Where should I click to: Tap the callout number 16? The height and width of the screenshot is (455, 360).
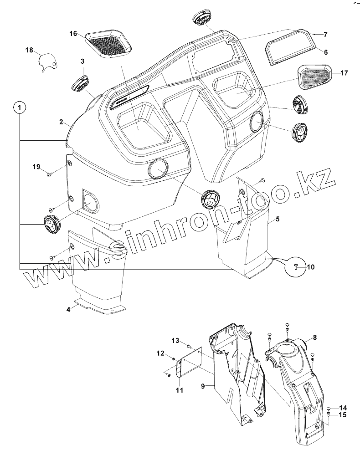click(x=74, y=34)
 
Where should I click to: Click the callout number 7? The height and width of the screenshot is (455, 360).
click(x=325, y=34)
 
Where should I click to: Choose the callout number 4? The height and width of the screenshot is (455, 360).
click(x=68, y=309)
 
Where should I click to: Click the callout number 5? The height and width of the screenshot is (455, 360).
click(x=278, y=219)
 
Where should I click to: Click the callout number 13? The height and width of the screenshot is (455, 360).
click(x=175, y=341)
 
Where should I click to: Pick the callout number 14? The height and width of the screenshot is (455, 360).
click(x=343, y=408)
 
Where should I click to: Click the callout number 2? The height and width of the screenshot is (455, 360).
click(x=61, y=122)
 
